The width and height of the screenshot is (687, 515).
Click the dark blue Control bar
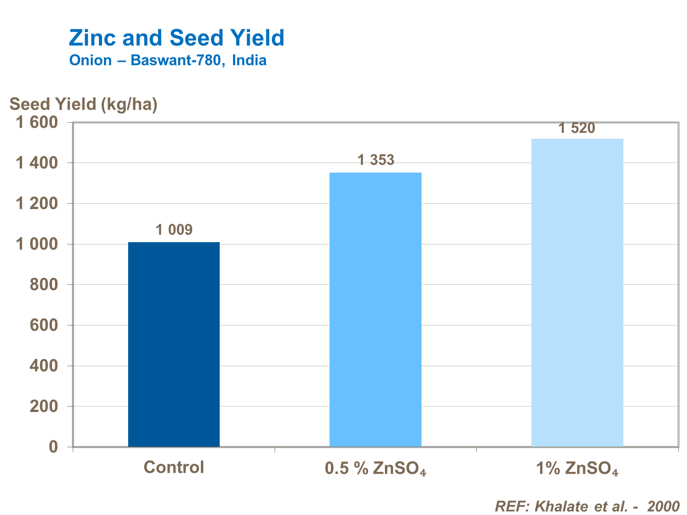[x=174, y=344]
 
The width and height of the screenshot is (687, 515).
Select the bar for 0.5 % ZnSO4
[x=375, y=309]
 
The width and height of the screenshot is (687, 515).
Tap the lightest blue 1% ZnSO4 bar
[x=577, y=293]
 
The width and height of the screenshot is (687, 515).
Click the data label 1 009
[x=174, y=230]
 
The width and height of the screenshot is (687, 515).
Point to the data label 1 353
[x=375, y=160]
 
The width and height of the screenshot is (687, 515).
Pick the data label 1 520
[x=577, y=128]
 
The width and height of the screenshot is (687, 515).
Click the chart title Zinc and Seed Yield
[x=177, y=38]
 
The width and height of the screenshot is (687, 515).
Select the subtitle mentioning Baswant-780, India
[x=168, y=60]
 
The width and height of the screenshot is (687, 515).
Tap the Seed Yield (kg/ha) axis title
[x=83, y=104]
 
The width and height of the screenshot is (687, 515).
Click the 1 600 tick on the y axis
[x=37, y=123]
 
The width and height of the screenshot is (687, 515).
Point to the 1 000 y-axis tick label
[x=37, y=244]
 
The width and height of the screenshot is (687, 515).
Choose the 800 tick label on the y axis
[x=44, y=285]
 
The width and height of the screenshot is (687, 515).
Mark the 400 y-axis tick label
[x=44, y=366]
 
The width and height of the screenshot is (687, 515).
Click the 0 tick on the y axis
[x=54, y=447]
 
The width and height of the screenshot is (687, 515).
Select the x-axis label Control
[x=174, y=467]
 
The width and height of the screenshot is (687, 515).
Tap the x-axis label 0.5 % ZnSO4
[x=375, y=468]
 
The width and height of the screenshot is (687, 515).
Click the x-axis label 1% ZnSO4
[x=577, y=468]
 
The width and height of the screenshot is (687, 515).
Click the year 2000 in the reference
[x=663, y=506]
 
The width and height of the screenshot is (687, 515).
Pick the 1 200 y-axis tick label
[x=37, y=204]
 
